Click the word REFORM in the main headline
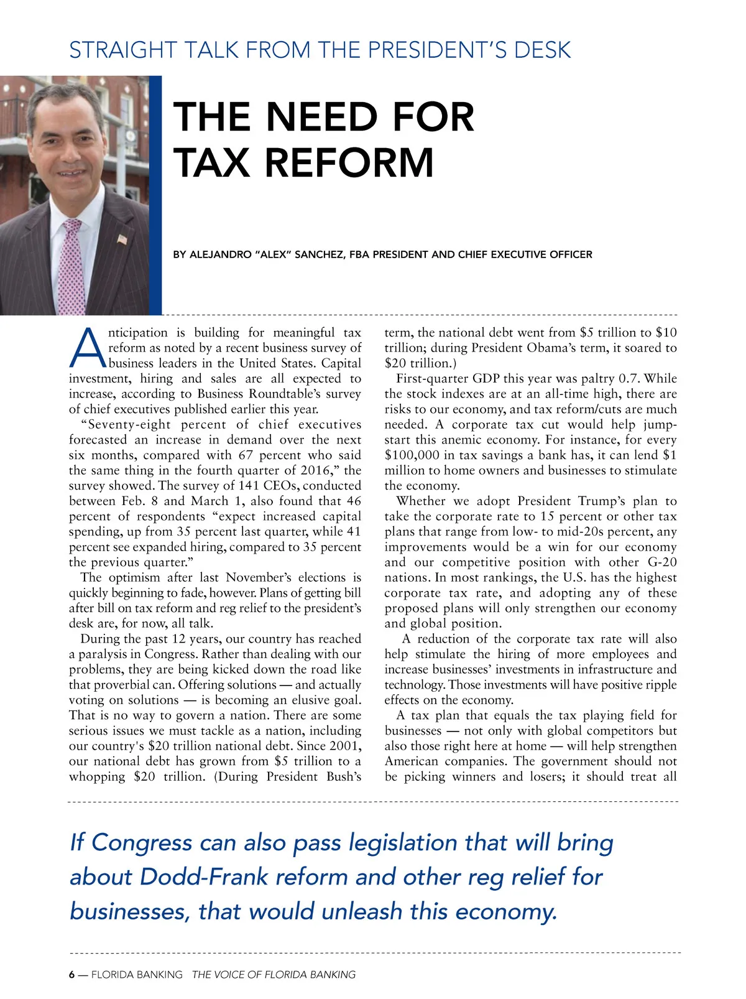coord(349,162)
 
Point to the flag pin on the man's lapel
coord(122,238)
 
